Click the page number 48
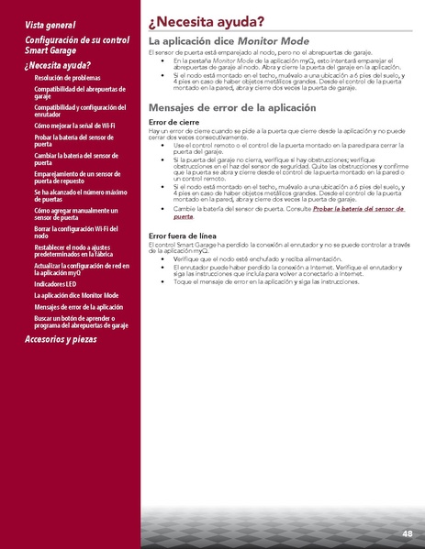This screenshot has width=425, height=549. point(407,533)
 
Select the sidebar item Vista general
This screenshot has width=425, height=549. point(50,24)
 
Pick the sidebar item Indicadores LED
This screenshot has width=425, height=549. point(58,283)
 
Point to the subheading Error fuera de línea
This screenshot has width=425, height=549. point(182,236)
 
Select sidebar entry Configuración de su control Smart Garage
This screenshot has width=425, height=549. point(77,46)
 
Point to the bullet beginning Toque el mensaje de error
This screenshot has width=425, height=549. point(266,280)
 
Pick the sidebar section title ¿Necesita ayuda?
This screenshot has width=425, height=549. point(58,65)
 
